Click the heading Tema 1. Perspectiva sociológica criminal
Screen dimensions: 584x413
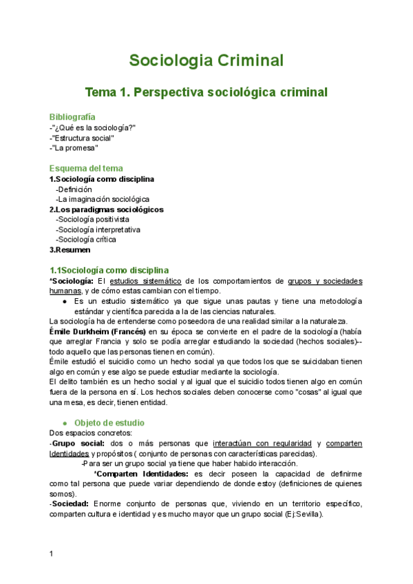click(x=206, y=92)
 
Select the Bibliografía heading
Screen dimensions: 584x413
click(x=72, y=117)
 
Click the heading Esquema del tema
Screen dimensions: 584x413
click(x=87, y=169)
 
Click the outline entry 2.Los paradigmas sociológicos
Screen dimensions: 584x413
click(x=107, y=209)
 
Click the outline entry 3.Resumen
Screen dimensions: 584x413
click(x=70, y=250)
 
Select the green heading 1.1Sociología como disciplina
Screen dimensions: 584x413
click(x=109, y=270)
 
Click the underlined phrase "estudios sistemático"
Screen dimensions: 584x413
click(x=145, y=281)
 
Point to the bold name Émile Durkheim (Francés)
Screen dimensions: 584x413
click(x=98, y=331)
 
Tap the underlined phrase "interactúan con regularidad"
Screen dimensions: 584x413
click(x=262, y=443)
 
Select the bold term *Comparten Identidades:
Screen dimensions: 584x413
click(x=142, y=474)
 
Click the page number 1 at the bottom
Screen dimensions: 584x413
click(x=52, y=554)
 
